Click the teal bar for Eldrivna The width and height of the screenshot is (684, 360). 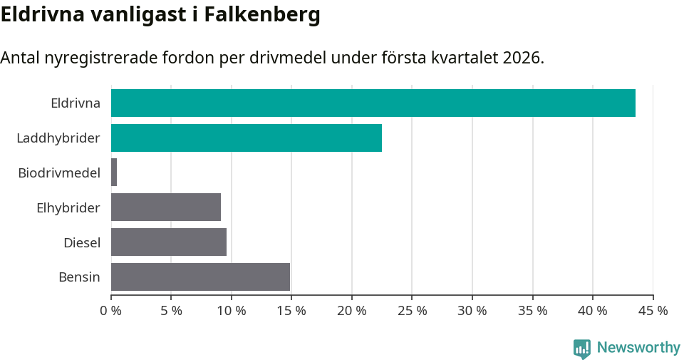pyautogui.click(x=373, y=103)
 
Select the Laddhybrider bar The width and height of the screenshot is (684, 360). pyautogui.click(x=246, y=138)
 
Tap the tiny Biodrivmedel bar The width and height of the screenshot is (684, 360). pyautogui.click(x=114, y=173)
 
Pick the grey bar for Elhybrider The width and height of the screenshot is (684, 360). pyautogui.click(x=166, y=207)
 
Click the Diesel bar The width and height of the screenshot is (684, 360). pyautogui.click(x=169, y=242)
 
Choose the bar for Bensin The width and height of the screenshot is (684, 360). pyautogui.click(x=200, y=277)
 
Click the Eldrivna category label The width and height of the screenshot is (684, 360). pyautogui.click(x=76, y=103)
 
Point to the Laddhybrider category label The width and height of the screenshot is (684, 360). pyautogui.click(x=58, y=138)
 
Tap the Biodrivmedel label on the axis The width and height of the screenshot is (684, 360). pyautogui.click(x=59, y=173)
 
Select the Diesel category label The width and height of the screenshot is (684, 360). pyautogui.click(x=82, y=242)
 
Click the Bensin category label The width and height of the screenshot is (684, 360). pyautogui.click(x=79, y=277)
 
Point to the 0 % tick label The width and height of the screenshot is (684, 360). pyautogui.click(x=111, y=311)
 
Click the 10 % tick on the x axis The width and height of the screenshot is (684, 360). pyautogui.click(x=232, y=311)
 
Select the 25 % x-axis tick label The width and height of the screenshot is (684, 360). pyautogui.click(x=412, y=311)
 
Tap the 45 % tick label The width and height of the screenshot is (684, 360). pyautogui.click(x=653, y=311)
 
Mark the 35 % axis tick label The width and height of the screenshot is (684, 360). pyautogui.click(x=532, y=311)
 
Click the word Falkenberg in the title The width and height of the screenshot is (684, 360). pyautogui.click(x=262, y=14)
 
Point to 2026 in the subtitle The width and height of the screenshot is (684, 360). pyautogui.click(x=522, y=58)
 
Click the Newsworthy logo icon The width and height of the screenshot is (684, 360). pyautogui.click(x=582, y=348)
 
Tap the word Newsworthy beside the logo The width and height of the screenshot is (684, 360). pyautogui.click(x=638, y=348)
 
